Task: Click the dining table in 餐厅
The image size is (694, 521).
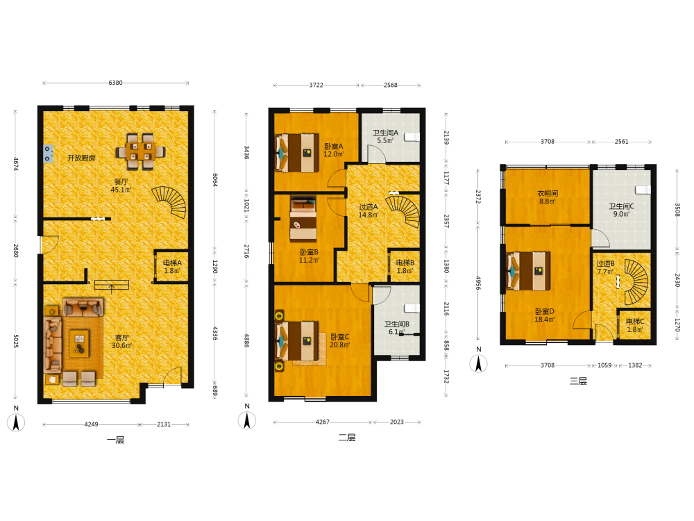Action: (141, 151)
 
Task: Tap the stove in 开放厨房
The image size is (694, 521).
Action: (48, 154)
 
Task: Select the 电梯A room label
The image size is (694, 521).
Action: (172, 263)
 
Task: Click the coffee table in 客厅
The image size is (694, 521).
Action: (80, 343)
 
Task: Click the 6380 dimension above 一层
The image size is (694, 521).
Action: (115, 83)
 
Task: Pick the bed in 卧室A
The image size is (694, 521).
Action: (296, 153)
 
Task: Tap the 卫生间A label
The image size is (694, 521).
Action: (385, 133)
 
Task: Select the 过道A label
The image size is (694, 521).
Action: (369, 207)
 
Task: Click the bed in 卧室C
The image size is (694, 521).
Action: (296, 340)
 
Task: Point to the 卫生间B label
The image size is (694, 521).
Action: (396, 324)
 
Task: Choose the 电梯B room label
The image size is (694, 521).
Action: (405, 263)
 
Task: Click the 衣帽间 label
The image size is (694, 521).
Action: (548, 193)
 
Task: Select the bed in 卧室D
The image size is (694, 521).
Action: (528, 271)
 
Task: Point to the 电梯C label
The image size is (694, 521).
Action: (635, 321)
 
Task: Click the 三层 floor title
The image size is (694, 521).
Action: (578, 381)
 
